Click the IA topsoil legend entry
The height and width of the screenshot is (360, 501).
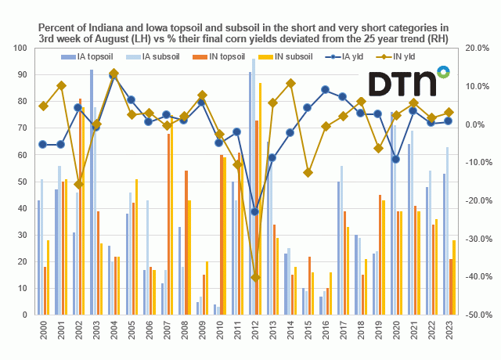91,56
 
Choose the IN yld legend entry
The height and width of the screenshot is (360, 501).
405,56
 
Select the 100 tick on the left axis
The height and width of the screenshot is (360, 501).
21,48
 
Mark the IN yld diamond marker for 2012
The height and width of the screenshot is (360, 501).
256,278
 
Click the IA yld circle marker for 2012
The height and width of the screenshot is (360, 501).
255,212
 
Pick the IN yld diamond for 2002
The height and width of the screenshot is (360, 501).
78,184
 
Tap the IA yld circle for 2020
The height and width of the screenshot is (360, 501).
396,159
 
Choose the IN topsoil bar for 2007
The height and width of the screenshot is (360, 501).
168,223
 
